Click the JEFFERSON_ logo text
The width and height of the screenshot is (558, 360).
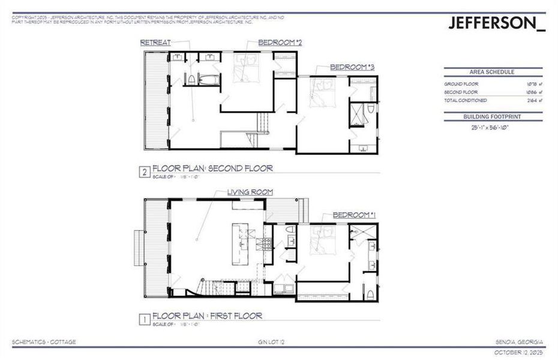coord(497,23)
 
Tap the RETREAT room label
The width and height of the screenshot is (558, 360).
coord(155,43)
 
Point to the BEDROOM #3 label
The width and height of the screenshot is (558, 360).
coord(352,68)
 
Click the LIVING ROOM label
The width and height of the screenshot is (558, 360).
coord(250,192)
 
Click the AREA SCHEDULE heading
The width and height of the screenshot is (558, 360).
coord(493,72)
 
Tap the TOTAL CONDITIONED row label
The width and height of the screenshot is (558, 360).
coord(466,101)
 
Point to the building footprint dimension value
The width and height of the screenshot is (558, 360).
coord(493,127)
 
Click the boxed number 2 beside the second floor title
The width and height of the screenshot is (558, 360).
coord(144,172)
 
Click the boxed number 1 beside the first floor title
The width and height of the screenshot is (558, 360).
coord(144,319)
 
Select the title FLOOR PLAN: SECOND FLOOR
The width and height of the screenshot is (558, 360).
coord(212,169)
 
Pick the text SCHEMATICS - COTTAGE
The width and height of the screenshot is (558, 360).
coord(44,343)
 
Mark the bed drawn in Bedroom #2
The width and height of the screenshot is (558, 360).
coord(246,68)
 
